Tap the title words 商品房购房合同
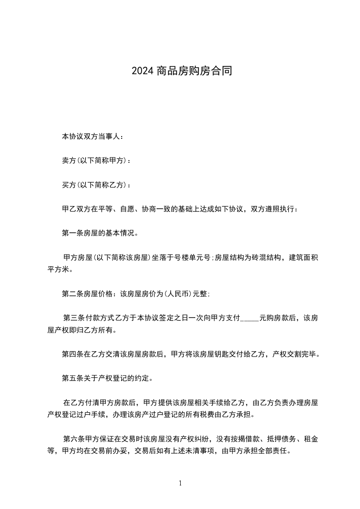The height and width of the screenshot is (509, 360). pos(194,71)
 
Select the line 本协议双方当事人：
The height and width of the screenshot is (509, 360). pos(92,136)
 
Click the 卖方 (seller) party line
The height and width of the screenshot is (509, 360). pos(96,161)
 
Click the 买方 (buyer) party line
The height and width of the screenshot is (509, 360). pos(96,185)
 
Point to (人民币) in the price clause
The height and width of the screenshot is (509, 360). pos(178,294)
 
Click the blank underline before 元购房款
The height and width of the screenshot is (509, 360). pos(249,319)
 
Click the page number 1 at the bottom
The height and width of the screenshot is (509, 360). pos(180,483)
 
